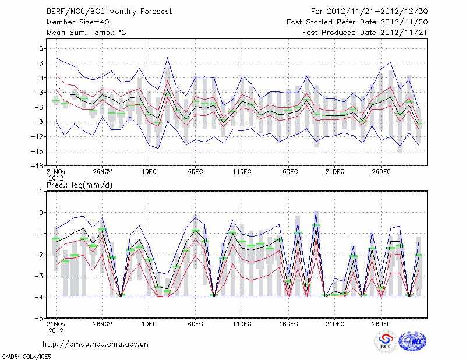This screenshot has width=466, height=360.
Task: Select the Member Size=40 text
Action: coord(74,22)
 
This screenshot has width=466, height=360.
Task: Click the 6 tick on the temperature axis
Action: coord(41,48)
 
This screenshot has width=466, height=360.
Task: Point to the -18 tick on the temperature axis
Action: coord(38,166)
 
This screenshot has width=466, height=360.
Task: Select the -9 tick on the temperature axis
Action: coord(40,122)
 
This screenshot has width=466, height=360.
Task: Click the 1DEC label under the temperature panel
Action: coord(149,172)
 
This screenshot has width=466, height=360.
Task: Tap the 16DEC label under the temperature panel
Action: coord(288,172)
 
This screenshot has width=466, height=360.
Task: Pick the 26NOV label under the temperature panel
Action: coord(102,172)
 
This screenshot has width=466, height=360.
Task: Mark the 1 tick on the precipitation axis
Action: coord(41,191)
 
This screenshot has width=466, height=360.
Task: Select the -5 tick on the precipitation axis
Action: coord(40,319)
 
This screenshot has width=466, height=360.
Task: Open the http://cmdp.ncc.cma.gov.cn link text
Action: coord(96,344)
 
